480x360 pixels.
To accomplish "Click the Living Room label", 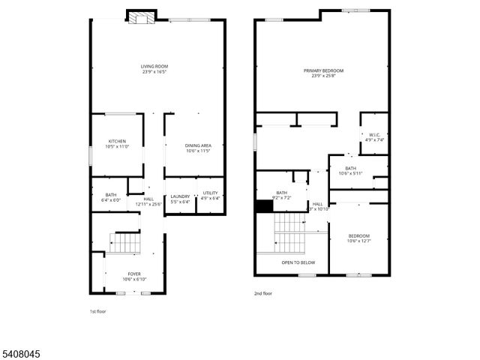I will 155,66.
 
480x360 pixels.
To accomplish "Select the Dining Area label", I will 199,145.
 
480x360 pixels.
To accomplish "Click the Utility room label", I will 210,193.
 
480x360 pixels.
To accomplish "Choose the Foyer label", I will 133,274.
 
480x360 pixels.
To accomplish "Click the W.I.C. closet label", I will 375,135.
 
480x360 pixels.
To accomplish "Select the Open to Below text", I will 298,262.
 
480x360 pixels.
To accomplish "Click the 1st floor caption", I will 99,310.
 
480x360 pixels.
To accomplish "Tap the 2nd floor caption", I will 264,295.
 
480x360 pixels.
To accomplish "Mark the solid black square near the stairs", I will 263,205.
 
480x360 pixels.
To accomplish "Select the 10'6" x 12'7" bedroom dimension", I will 358,241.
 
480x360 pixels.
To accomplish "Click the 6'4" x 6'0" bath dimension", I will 110,199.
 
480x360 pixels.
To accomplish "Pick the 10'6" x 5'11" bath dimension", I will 351,173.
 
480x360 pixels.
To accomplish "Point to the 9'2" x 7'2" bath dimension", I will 282,198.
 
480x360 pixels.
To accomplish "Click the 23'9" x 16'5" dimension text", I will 155,71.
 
